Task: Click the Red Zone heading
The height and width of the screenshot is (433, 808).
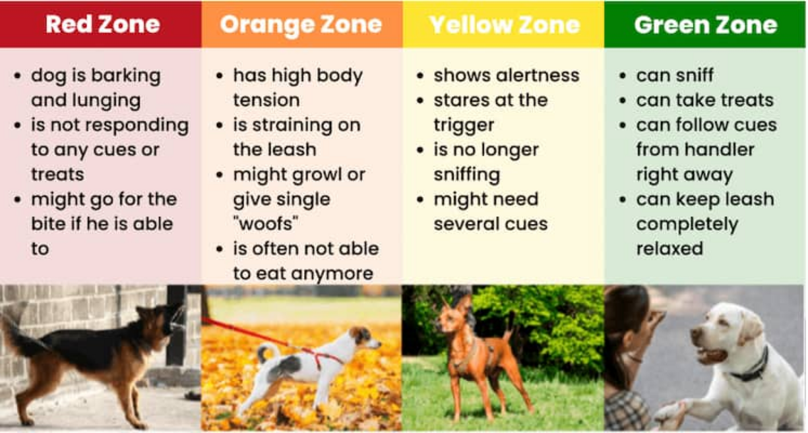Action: (103, 24)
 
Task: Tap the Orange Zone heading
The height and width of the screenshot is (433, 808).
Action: (301, 25)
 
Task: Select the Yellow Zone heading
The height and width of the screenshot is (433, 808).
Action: (505, 25)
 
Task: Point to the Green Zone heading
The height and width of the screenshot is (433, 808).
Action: (706, 25)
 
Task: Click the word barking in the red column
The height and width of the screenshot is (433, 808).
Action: (126, 76)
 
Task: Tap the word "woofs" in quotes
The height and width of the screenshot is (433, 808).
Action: (266, 224)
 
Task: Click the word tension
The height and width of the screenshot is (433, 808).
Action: (266, 100)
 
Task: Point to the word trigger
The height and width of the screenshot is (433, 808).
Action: (464, 126)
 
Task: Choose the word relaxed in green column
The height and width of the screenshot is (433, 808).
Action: (669, 248)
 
